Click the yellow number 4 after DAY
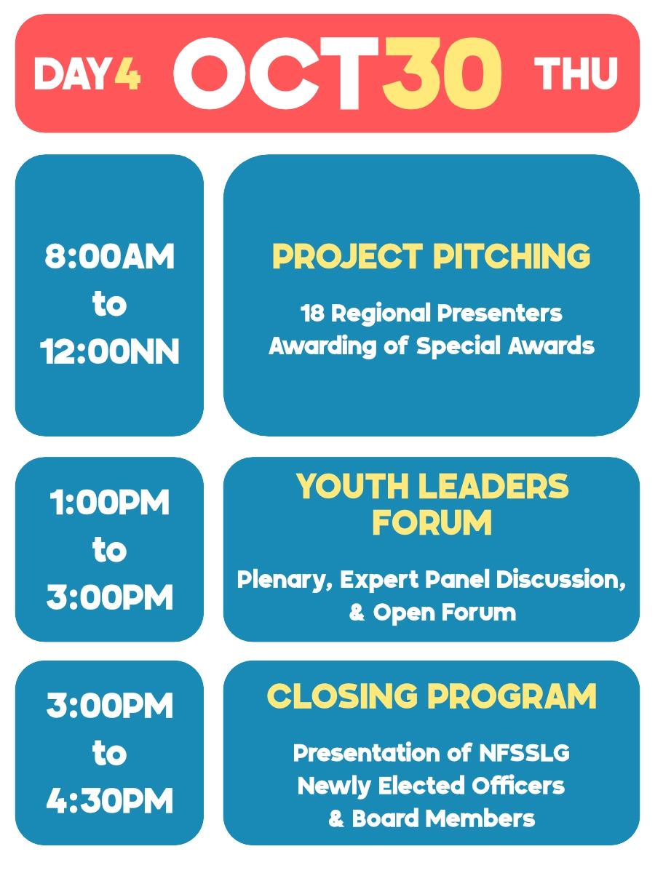(127, 73)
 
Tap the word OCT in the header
(277, 73)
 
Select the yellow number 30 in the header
(442, 73)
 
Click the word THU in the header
(576, 73)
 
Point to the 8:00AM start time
(109, 257)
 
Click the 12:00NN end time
(109, 352)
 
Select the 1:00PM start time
(109, 503)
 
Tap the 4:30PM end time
(109, 801)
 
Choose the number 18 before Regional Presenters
(312, 314)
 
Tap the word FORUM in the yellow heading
(432, 522)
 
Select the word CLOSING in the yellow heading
(342, 696)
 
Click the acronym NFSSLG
(524, 753)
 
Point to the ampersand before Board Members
(336, 819)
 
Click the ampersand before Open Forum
(357, 613)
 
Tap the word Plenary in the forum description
(285, 580)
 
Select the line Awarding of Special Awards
(432, 346)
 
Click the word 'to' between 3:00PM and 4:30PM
(109, 753)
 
